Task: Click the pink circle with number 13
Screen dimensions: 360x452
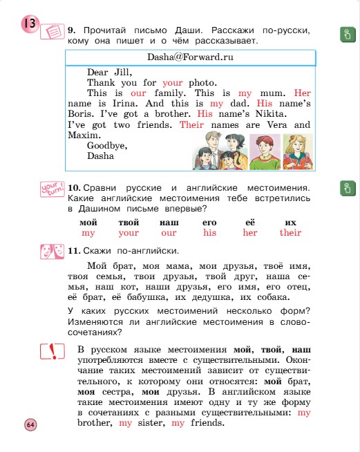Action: click(29, 26)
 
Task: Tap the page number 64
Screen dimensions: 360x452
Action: click(30, 424)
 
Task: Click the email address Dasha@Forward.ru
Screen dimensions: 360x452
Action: click(190, 58)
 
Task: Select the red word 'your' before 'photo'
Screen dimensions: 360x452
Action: click(173, 82)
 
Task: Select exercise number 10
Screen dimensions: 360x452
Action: click(75, 188)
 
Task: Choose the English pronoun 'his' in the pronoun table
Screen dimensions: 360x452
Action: click(209, 233)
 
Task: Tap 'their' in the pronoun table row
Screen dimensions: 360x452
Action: click(290, 233)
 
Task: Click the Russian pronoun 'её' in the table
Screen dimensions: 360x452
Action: click(250, 223)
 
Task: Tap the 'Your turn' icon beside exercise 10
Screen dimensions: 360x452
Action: click(52, 189)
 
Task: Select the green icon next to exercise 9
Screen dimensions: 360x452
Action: click(346, 35)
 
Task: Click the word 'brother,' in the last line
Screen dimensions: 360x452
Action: click(95, 422)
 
